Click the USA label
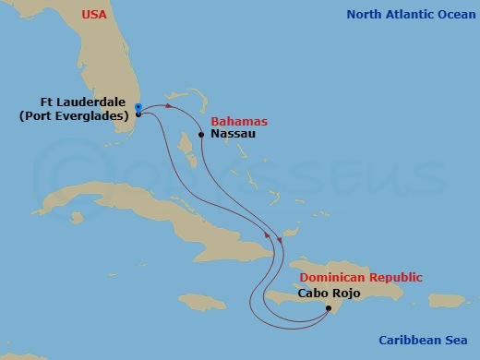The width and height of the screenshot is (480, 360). point(94,14)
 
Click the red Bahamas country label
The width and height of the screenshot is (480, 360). point(239,121)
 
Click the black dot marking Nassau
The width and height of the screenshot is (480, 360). point(201,134)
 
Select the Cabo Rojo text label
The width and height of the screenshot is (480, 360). point(330,294)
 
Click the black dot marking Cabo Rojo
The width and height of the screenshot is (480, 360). point(329,309)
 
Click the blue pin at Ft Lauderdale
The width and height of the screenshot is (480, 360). point(138,108)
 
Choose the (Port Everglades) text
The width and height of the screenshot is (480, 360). point(76,115)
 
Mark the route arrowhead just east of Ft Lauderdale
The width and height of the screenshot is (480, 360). point(169,107)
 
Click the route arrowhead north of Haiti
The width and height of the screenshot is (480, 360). point(269,239)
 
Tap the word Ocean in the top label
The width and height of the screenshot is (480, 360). point(448,14)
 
